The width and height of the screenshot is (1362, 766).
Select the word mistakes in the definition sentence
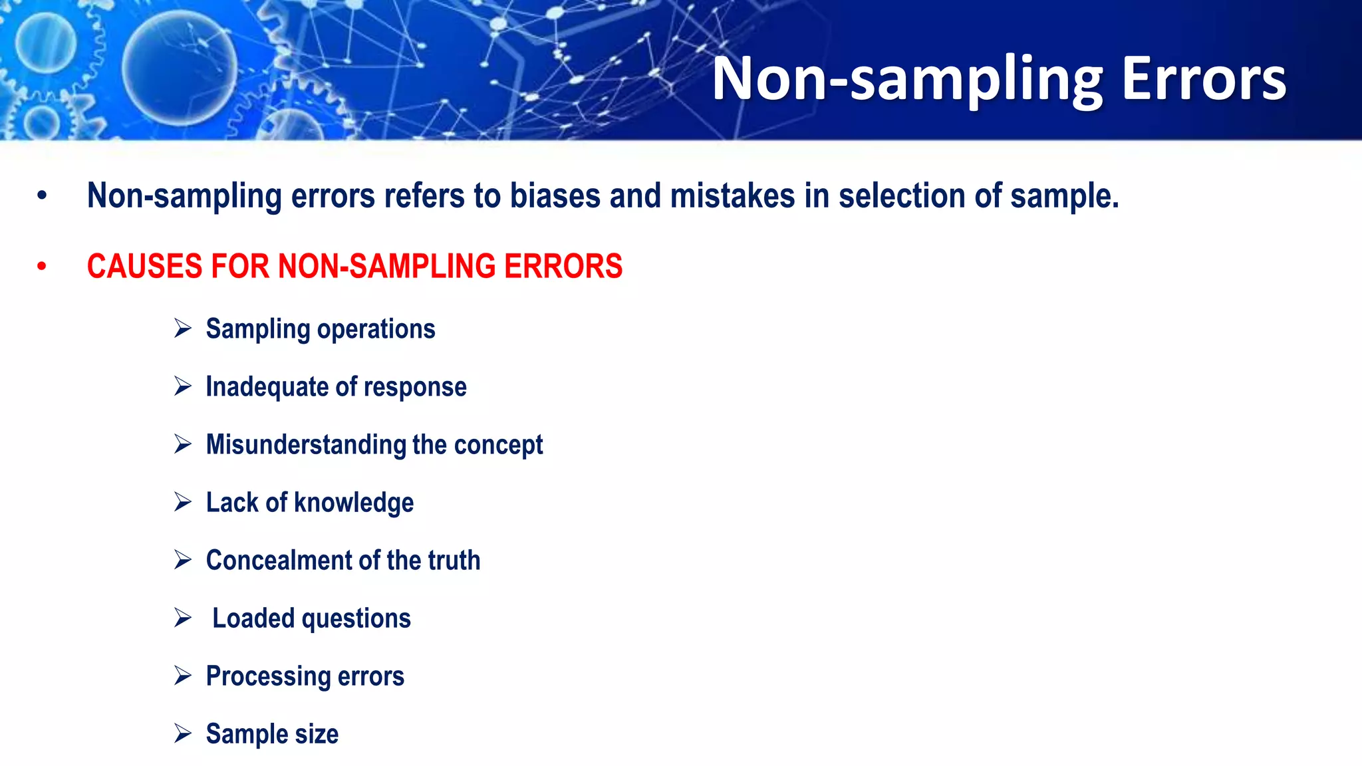pos(732,196)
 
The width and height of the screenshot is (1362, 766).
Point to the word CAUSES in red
pos(144,267)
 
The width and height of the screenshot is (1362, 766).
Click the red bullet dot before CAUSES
pos(42,267)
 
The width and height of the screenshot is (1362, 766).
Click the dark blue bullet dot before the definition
pos(42,196)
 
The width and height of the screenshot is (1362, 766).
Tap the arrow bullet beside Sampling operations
pos(183,328)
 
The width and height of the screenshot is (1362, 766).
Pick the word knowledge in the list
pos(354,503)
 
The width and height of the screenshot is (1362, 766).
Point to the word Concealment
pos(280,561)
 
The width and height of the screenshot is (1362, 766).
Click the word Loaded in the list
pos(253,618)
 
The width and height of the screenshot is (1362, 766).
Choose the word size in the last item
pos(317,734)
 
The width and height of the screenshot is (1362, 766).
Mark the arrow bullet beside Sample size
pos(183,733)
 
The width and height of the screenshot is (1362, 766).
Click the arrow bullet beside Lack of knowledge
pos(183,501)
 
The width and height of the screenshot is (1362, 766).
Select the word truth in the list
pos(454,561)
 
